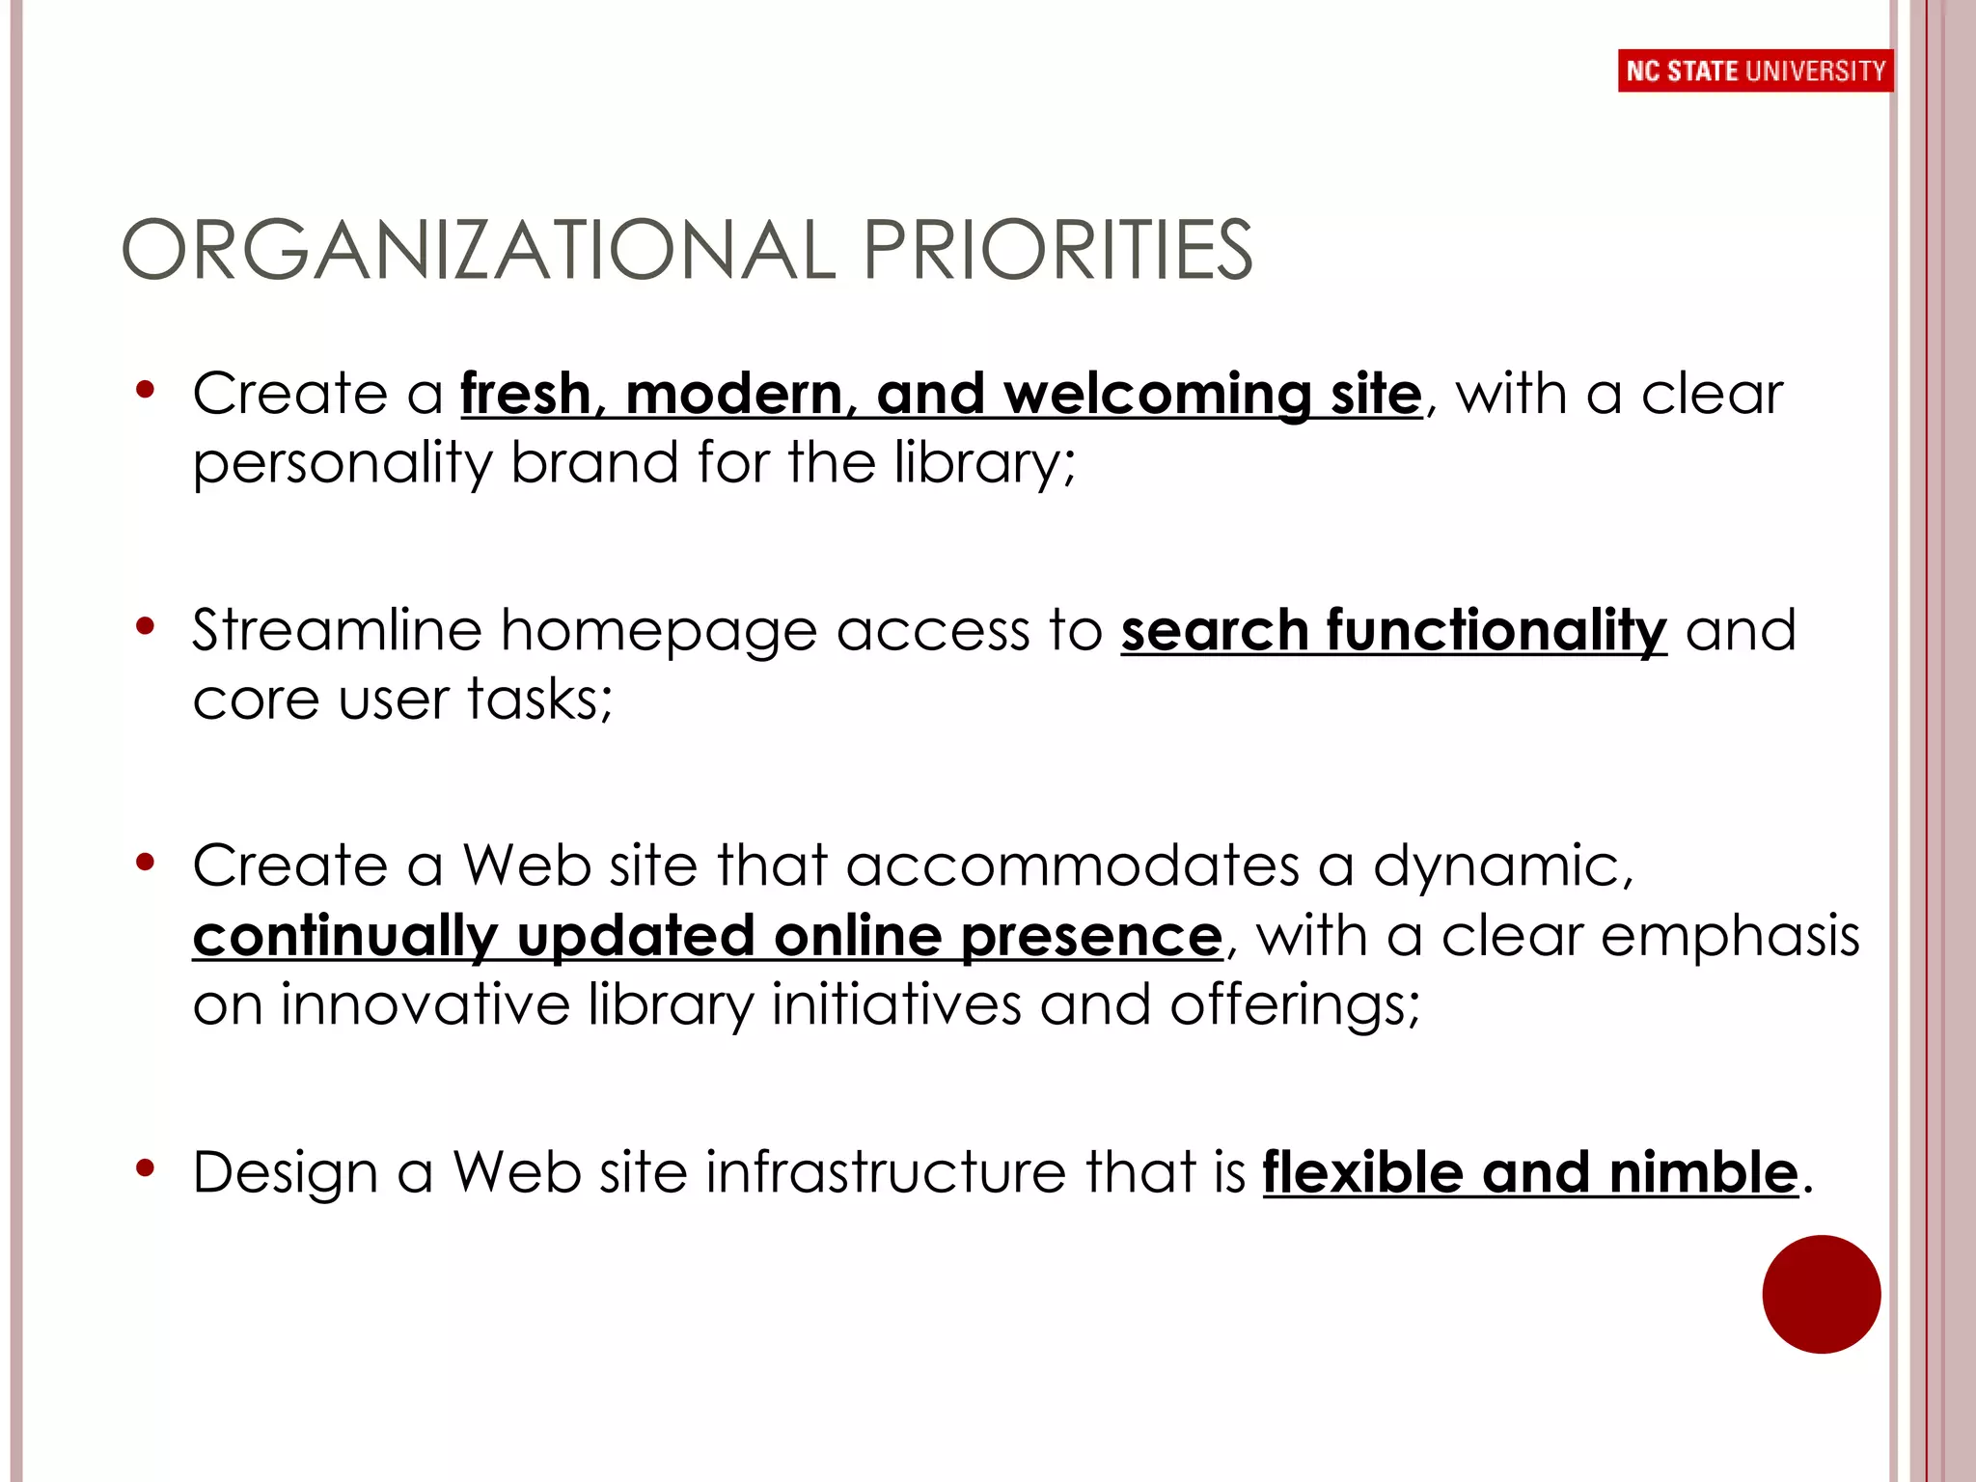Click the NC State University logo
tap(1754, 70)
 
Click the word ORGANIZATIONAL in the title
tap(479, 251)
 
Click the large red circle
tap(1821, 1294)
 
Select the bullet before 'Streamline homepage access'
tap(146, 627)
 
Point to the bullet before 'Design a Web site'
tap(146, 1169)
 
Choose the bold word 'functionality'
tap(1496, 632)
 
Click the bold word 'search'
tap(1213, 632)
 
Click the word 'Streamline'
tap(337, 632)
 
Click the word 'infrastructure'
tap(885, 1172)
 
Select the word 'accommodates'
tap(1073, 865)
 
